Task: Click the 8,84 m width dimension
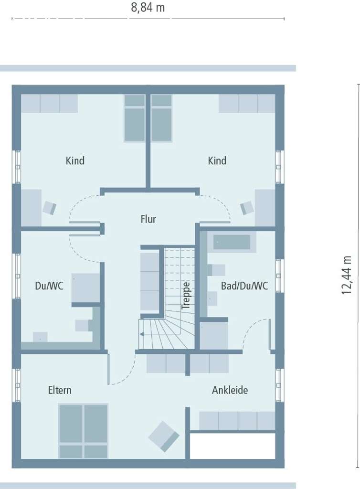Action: click(x=148, y=8)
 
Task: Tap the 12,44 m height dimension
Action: click(x=347, y=275)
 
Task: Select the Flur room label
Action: click(x=148, y=219)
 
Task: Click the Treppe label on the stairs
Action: click(x=186, y=296)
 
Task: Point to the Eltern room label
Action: click(x=60, y=390)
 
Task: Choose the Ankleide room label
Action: click(x=230, y=390)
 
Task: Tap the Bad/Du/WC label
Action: click(x=244, y=286)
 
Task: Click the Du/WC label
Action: click(x=49, y=286)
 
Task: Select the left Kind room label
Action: click(x=75, y=160)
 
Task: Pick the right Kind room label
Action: click(x=217, y=160)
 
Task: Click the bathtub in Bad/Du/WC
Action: click(x=232, y=242)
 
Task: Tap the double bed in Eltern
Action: click(x=83, y=431)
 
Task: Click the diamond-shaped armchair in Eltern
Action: click(x=164, y=436)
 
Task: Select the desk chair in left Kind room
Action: click(x=49, y=208)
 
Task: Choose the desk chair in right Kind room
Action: click(x=247, y=208)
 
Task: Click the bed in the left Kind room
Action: click(x=135, y=118)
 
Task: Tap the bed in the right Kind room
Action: click(x=161, y=118)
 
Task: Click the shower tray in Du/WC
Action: click(x=86, y=288)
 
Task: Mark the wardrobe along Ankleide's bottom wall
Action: click(x=237, y=421)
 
